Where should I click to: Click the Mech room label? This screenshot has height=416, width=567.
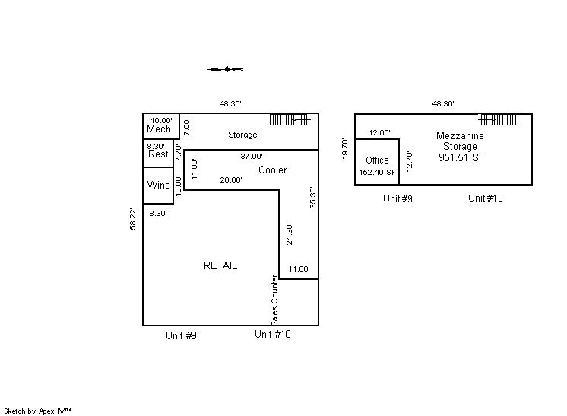click(159, 129)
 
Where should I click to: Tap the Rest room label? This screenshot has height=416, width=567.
click(158, 154)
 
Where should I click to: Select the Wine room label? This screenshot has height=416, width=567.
click(158, 185)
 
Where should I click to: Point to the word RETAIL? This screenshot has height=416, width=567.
click(220, 265)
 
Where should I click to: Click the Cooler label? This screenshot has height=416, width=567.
click(272, 170)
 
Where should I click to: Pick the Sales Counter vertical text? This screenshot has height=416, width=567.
click(275, 301)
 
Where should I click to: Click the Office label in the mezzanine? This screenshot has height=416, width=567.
click(377, 160)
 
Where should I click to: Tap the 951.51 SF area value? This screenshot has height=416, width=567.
click(461, 157)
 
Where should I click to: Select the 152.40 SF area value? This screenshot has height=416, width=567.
click(378, 172)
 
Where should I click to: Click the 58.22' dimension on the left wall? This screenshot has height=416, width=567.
click(134, 220)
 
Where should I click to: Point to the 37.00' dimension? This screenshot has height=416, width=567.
click(252, 156)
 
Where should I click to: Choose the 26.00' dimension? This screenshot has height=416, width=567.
click(231, 180)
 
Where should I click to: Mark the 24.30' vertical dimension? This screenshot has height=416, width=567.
click(289, 233)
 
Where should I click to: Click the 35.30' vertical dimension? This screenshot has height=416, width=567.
click(312, 198)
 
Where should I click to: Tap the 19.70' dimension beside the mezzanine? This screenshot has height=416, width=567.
click(345, 148)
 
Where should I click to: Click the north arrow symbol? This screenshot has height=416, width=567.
click(226, 69)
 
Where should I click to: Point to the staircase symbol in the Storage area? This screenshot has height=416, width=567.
click(290, 119)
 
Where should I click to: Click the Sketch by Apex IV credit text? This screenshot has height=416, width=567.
click(37, 411)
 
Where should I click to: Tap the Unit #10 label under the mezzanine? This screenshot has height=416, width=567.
click(486, 198)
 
